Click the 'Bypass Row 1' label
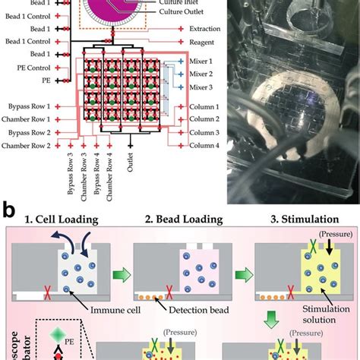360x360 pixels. click(x=26, y=107)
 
